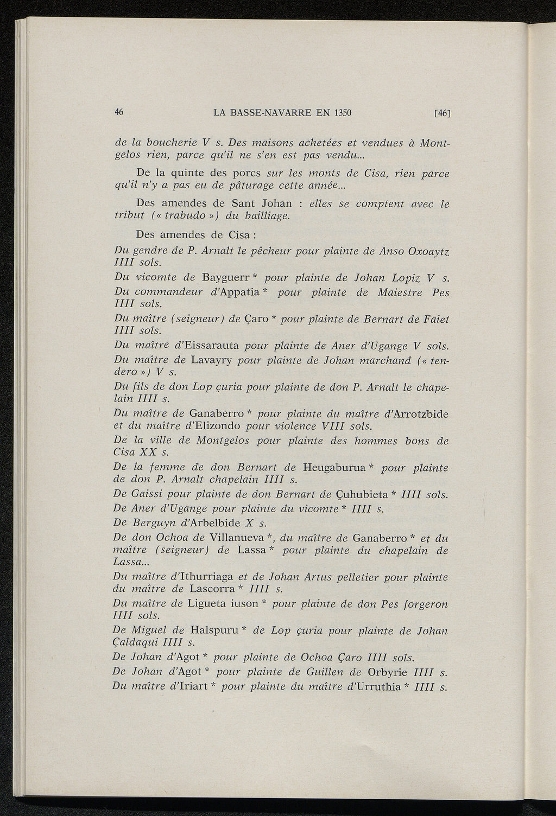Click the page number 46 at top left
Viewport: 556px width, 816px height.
pyautogui.click(x=119, y=112)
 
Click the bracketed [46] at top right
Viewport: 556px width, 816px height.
pyautogui.click(x=443, y=113)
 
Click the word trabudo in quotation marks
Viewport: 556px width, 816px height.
pyautogui.click(x=186, y=216)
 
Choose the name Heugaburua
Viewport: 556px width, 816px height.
pyautogui.click(x=334, y=468)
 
